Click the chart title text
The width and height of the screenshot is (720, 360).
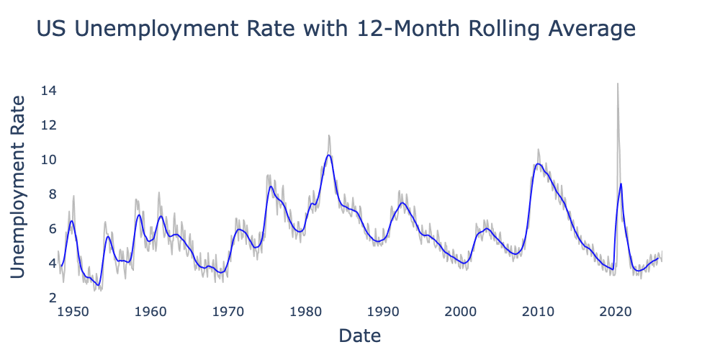336,29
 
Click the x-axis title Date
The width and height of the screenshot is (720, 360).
359,336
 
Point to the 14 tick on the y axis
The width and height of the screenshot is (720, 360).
49,91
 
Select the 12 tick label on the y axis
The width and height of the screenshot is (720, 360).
49,125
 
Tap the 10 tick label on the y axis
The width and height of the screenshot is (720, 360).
49,160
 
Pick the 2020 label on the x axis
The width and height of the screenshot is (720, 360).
616,312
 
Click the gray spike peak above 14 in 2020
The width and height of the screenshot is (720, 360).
617,84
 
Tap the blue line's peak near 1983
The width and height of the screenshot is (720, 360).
328,155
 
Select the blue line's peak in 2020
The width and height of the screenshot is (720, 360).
621,184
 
